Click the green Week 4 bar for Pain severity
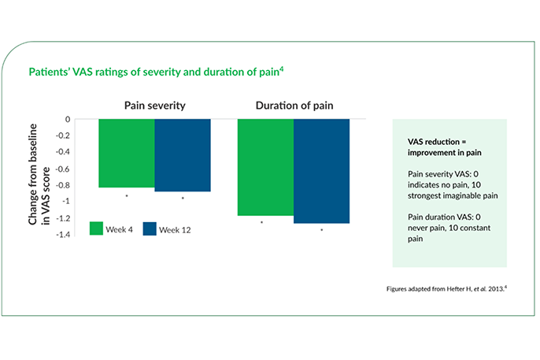126,153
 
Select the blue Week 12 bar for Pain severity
182,155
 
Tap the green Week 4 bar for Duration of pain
265,167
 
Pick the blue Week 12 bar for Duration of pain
321,171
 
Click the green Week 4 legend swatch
97,228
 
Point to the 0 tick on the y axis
68,120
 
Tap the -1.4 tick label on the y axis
62,235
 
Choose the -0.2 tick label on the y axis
62,136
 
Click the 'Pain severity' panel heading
154,105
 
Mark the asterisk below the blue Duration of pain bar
321,230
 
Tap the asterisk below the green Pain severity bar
126,196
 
